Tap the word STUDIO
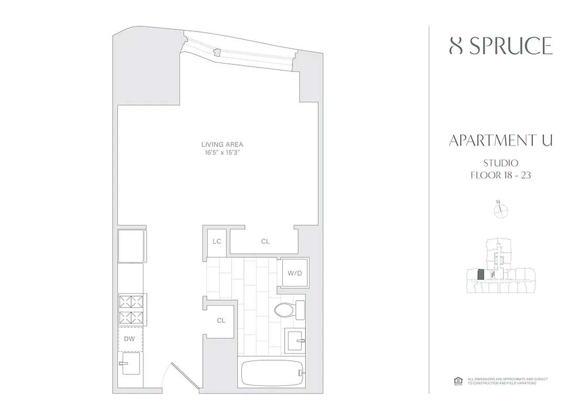tap(500, 163)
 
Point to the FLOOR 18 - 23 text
tap(500, 175)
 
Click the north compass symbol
tap(501, 210)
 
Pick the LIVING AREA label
tap(222, 144)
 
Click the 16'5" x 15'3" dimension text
tap(222, 152)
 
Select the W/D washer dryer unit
tap(295, 273)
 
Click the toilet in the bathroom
tap(288, 310)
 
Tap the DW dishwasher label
tap(130, 339)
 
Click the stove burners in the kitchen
tap(131, 310)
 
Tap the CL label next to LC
tap(265, 241)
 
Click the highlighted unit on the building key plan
tap(480, 275)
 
